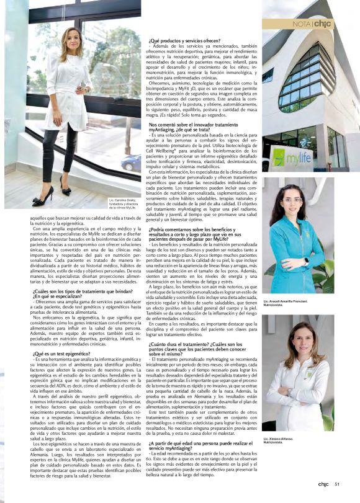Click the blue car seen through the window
(x=130, y=162)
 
